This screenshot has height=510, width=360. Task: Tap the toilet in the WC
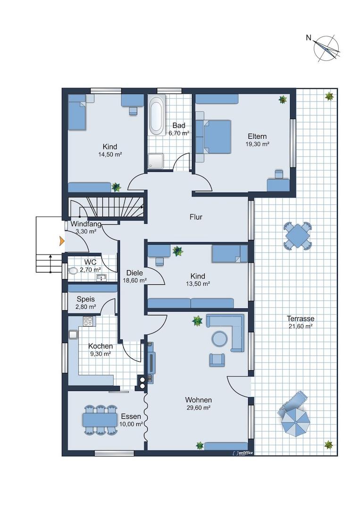click(73, 271)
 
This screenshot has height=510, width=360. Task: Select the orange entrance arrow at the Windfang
click(61, 241)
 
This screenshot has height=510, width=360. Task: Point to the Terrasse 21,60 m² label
click(300, 323)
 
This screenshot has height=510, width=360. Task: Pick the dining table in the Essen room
click(100, 419)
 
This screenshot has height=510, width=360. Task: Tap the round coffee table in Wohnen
click(220, 339)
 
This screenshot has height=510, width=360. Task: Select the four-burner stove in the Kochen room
click(88, 322)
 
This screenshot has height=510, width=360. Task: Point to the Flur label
click(196, 217)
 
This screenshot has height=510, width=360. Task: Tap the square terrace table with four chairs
click(298, 236)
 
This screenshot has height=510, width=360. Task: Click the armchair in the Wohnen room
click(217, 360)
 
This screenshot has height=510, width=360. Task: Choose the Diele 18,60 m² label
click(134, 276)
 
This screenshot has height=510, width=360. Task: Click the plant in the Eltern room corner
click(283, 99)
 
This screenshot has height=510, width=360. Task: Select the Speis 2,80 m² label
click(86, 303)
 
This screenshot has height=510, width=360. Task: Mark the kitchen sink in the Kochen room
click(73, 335)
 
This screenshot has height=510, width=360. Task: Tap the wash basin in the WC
click(101, 278)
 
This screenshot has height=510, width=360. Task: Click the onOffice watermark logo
click(243, 452)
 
